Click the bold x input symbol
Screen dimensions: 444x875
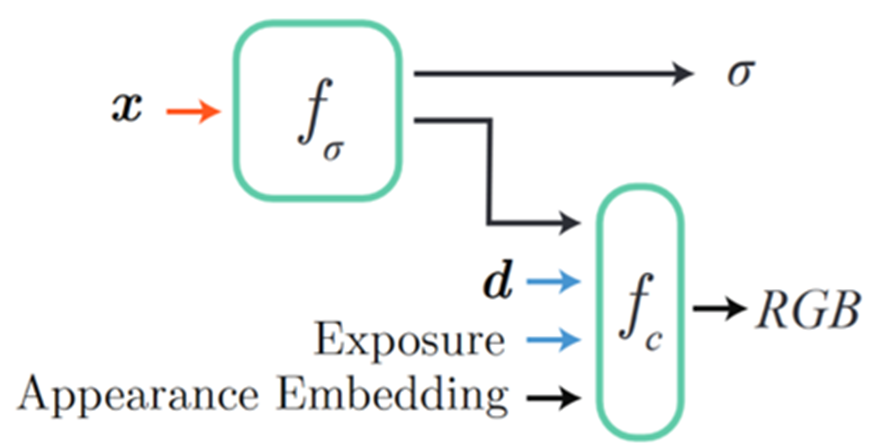(126, 108)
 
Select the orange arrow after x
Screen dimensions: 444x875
(192, 109)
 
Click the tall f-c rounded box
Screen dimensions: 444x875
(640, 309)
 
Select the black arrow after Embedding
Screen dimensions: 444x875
(553, 398)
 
